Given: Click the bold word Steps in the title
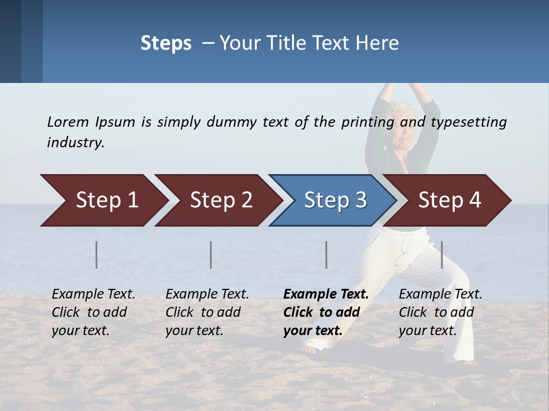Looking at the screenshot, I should click(x=166, y=43).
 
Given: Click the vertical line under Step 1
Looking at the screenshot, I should click(x=97, y=255).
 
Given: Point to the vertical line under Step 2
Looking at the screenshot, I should click(x=211, y=255).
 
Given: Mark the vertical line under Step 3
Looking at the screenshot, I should click(x=327, y=255).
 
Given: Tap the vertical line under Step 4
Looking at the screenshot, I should click(x=442, y=255).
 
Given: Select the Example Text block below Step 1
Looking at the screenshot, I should click(x=93, y=312).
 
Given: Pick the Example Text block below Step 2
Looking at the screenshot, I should click(x=207, y=312).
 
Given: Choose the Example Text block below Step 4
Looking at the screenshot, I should click(x=440, y=312).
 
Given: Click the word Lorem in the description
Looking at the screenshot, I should click(x=68, y=122).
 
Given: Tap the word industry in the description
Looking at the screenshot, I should click(x=75, y=143).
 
